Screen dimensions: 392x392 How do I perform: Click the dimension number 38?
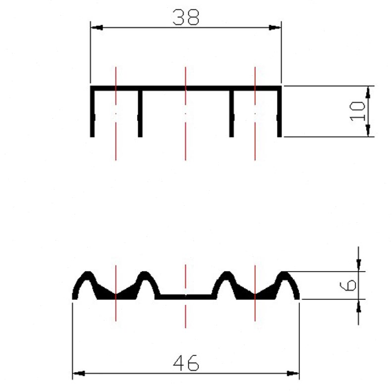coord(186,17)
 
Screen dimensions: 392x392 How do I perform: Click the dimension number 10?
coord(357,111)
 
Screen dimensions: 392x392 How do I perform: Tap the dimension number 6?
coord(348,285)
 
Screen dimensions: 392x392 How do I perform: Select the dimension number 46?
coord(186,363)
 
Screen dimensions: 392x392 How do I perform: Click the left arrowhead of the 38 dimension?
coord(97,28)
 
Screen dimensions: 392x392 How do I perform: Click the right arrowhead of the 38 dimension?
coord(275,28)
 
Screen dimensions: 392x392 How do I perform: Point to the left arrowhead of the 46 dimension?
coord(79,374)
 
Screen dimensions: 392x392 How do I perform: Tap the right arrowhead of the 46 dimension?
coord(293,374)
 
